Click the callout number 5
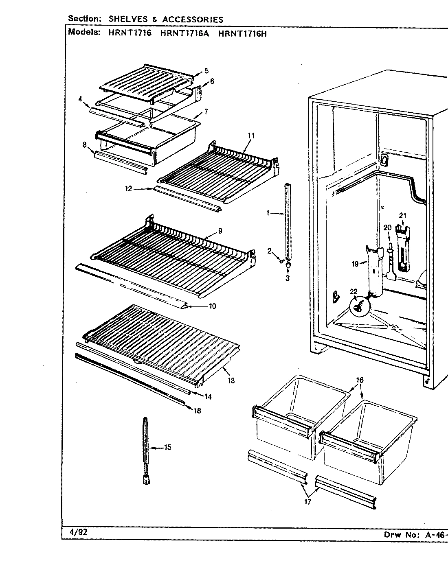206,70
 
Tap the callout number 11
250,136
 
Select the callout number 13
231,381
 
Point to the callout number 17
307,502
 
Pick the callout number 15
167,448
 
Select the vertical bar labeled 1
289,220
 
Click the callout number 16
359,380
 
